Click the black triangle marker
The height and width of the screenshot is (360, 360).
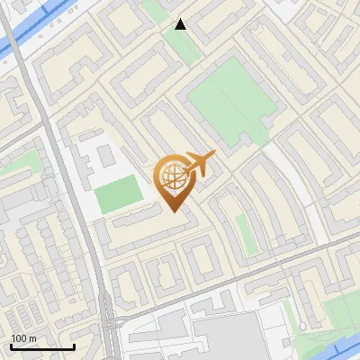[181, 24]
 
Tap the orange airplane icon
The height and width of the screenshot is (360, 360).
[198, 163]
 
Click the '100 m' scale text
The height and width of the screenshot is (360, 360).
[23, 338]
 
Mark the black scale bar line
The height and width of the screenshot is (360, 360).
[42, 346]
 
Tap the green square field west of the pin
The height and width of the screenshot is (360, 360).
[119, 194]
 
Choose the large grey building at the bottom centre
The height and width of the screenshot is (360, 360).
[225, 337]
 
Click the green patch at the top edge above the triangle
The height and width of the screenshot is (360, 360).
[157, 9]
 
